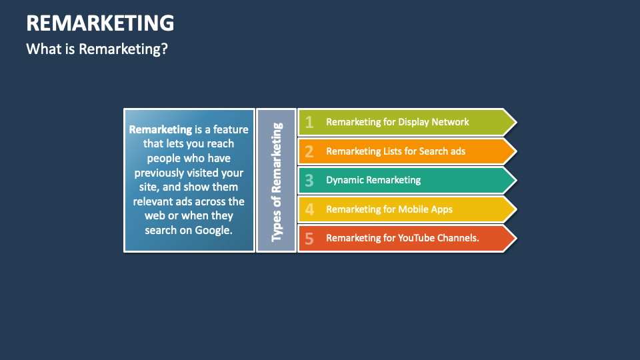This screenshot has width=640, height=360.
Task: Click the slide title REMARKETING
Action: pos(100,23)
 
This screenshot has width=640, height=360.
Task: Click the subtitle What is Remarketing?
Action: pos(96,49)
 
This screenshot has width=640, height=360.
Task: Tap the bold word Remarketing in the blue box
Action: pos(160,129)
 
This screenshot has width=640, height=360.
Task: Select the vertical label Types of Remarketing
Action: pos(277,181)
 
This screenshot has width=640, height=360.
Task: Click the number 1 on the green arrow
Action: pos(309,122)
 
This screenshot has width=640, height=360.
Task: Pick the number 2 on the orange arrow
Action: pos(309,151)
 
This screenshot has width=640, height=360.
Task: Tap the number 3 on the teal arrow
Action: pos(309,180)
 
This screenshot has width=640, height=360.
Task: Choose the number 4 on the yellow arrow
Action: pos(309,209)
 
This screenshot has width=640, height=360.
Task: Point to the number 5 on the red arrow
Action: pos(309,239)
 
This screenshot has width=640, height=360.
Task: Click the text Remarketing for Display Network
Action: pos(397,122)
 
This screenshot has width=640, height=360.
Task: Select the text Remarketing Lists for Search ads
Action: pos(395,151)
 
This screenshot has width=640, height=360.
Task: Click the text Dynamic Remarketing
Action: pos(373,180)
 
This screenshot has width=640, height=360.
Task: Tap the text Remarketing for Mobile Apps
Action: pos(389,209)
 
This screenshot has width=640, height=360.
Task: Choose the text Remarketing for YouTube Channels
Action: pos(403,238)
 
